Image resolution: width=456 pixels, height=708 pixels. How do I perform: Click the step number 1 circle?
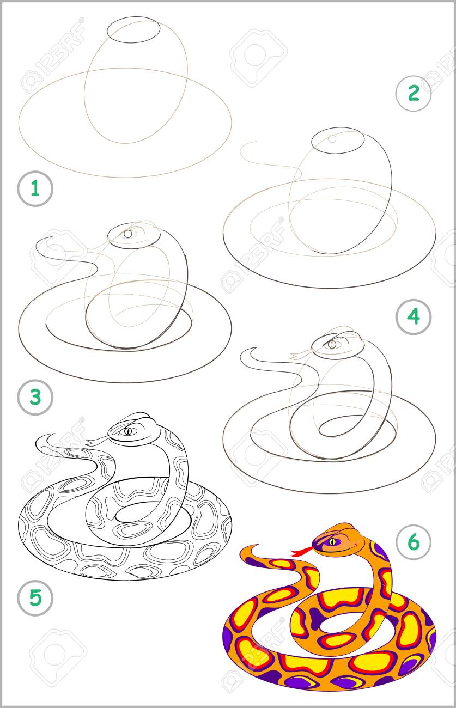tap(35, 188)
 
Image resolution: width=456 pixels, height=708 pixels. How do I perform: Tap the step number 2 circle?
tap(414, 93)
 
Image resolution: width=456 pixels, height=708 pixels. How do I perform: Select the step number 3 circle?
tap(35, 397)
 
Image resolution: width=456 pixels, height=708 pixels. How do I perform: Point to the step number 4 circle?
tap(414, 316)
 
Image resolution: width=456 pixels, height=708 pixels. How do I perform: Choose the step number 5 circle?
tap(35, 597)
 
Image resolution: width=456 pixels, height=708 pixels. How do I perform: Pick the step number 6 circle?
tap(414, 542)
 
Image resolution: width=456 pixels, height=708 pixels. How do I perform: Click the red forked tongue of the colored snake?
tap(302, 552)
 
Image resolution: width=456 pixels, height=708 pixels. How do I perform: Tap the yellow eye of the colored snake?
tap(332, 542)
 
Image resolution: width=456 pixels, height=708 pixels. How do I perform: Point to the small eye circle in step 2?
tap(332, 139)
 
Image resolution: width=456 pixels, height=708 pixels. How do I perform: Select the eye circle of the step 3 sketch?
tap(127, 234)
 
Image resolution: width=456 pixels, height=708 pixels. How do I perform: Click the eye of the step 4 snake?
tap(332, 344)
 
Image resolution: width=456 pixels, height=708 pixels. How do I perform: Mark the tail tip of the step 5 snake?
tap(54, 434)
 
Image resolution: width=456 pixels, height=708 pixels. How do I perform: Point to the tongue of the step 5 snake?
tap(96, 440)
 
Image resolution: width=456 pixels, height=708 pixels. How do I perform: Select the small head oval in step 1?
tap(133, 30)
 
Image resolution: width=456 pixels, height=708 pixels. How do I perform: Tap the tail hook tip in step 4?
tap(257, 348)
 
